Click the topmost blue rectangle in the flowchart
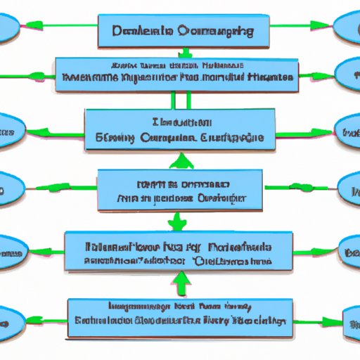click(183, 31)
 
